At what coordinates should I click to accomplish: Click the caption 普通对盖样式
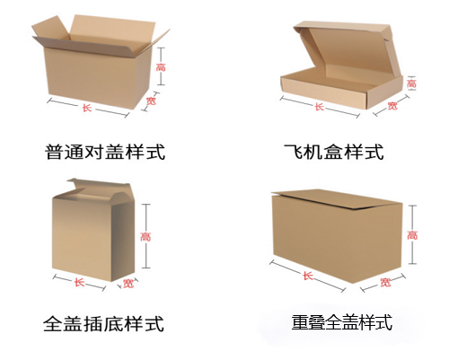coord(105,152)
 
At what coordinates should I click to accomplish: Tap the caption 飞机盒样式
coord(334,152)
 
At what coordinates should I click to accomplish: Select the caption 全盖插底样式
coord(104,323)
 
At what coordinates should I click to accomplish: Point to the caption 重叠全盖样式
coord(342,322)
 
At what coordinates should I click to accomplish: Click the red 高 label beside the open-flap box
coord(161,67)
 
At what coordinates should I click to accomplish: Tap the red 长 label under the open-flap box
coord(87,108)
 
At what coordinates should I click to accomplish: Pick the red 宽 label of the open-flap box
coord(151,101)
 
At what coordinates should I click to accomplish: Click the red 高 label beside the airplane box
coord(411,83)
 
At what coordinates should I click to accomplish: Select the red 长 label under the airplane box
coord(319,107)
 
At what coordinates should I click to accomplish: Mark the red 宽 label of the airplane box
coord(392,106)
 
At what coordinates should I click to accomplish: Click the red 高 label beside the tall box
coord(145,237)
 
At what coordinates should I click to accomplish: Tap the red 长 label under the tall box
coord(79,282)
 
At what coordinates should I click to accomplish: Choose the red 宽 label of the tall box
coord(128,283)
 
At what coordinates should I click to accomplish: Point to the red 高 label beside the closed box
coord(412,235)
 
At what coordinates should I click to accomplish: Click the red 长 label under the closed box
coord(308,276)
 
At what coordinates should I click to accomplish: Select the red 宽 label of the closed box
coord(385,282)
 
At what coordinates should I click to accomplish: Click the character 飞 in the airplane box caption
coord(293,152)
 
